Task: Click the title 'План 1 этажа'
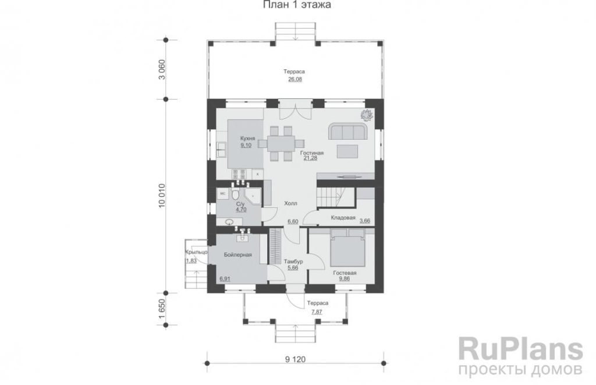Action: (x=296, y=5)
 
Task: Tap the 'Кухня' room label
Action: (x=247, y=139)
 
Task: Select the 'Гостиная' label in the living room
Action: (x=312, y=153)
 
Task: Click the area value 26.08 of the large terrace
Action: (x=295, y=79)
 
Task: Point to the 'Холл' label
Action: (x=291, y=203)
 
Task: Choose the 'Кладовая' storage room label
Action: (x=343, y=218)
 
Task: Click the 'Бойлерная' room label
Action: (x=238, y=255)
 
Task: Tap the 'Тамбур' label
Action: (x=293, y=262)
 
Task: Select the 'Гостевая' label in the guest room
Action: (x=345, y=273)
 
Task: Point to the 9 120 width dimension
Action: (x=295, y=359)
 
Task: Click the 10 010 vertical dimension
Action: (x=162, y=196)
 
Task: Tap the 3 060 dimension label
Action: (x=162, y=70)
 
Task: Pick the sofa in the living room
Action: (x=348, y=132)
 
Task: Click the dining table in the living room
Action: (x=281, y=143)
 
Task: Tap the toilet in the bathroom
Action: (x=235, y=195)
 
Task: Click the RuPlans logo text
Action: (x=521, y=349)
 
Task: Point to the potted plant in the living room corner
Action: (x=367, y=114)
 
